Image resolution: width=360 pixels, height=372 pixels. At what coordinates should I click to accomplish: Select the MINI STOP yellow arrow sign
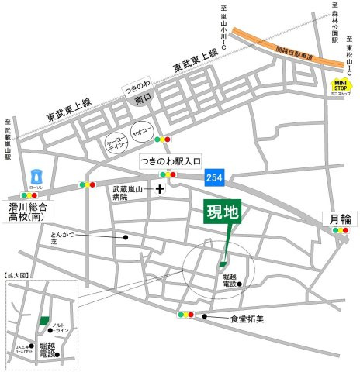pos(341,87)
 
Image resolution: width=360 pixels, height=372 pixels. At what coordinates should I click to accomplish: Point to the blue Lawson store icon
pos(34,176)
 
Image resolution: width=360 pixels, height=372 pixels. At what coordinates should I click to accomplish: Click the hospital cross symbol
pos(161,188)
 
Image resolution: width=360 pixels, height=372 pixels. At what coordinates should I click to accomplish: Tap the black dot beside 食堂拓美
pos(204,316)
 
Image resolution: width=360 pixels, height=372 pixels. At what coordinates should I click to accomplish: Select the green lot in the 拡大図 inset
pos(43,321)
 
